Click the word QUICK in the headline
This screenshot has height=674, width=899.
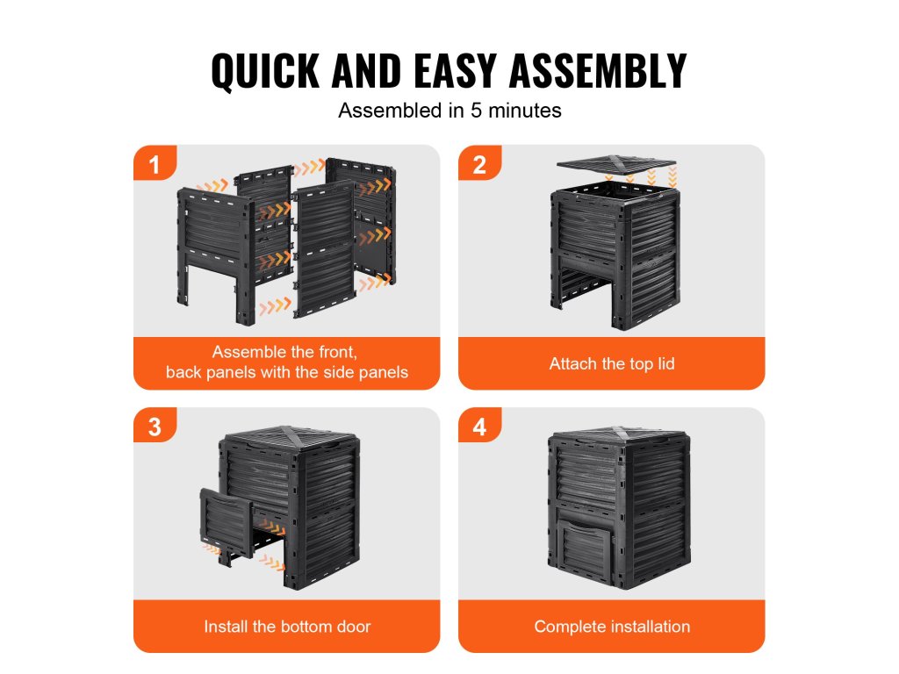(265, 71)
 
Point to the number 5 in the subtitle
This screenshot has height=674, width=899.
(476, 111)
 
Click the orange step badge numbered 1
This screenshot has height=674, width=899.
(155, 162)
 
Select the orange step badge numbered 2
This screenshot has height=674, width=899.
(480, 162)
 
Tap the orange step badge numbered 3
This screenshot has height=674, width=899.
(155, 425)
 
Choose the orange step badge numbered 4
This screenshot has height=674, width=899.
(480, 425)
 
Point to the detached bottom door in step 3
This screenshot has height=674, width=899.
(227, 525)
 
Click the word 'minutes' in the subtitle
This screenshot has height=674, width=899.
(525, 111)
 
